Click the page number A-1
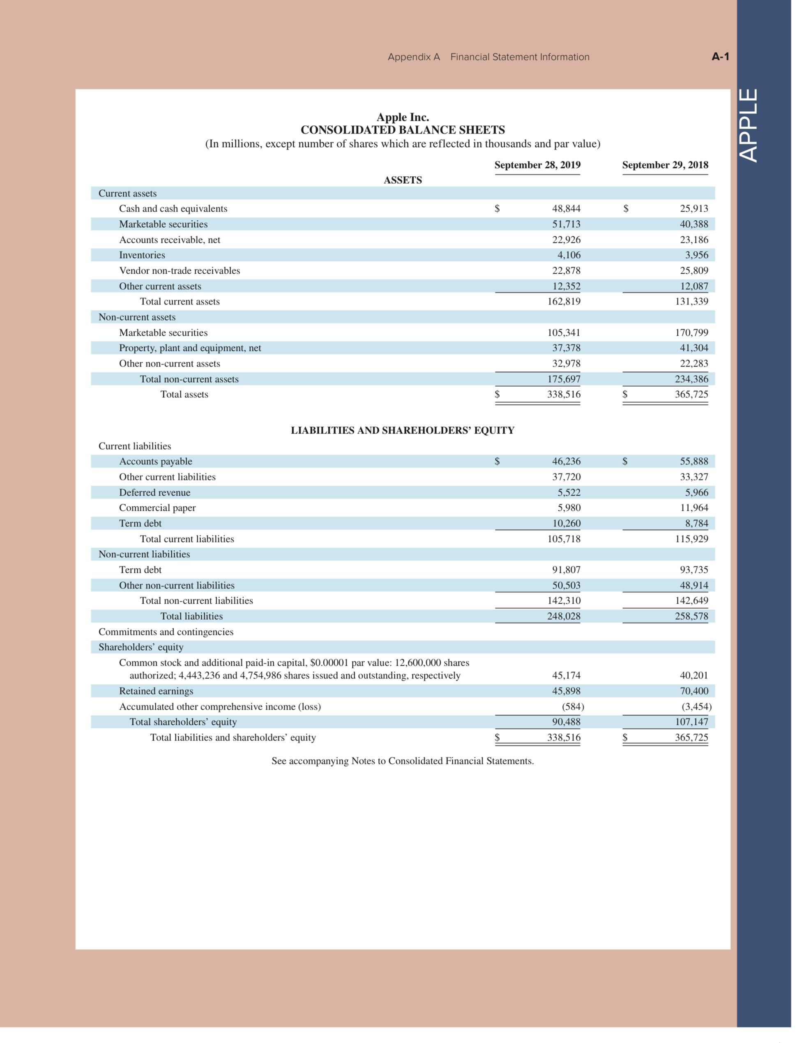720,56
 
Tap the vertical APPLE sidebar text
749,125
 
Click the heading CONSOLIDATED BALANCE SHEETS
402,129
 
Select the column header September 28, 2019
537,165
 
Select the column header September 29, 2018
665,165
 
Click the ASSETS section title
402,180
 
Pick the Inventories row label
142,255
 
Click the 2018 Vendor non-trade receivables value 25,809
693,270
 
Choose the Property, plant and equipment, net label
190,348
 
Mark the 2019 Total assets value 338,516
564,395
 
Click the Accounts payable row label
156,461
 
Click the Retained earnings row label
156,691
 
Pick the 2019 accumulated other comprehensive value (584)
573,706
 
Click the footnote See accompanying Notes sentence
402,761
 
